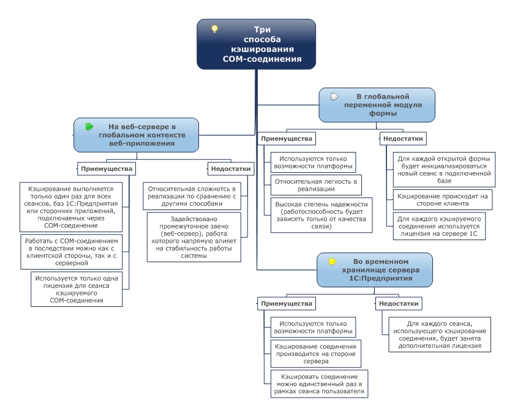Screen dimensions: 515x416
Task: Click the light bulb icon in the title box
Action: [214, 29]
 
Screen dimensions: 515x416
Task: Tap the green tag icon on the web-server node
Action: [89, 126]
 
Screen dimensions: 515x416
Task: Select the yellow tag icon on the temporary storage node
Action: [333, 262]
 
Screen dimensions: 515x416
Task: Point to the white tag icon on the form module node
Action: [334, 97]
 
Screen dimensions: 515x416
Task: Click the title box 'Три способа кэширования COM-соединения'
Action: [256, 44]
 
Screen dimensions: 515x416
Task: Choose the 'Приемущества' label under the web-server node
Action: [107, 169]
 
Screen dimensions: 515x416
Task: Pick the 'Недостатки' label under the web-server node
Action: [231, 169]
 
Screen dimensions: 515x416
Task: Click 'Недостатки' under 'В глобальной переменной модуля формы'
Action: [403, 138]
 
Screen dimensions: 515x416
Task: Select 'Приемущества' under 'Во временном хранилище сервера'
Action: [287, 304]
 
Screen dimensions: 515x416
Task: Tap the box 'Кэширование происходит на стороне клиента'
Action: [443, 200]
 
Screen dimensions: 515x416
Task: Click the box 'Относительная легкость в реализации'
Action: [316, 185]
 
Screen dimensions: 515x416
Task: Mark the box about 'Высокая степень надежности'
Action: [321, 215]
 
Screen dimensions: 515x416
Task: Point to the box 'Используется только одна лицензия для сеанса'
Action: [77, 289]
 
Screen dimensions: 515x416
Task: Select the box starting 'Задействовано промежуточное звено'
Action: [194, 237]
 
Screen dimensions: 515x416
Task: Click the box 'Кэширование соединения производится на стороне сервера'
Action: [316, 354]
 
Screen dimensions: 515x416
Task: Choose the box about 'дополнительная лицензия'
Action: [440, 335]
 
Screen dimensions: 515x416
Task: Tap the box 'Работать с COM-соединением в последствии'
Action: [71, 252]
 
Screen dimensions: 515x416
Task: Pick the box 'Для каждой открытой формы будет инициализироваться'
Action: [444, 170]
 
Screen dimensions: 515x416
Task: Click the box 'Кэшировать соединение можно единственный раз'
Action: [319, 384]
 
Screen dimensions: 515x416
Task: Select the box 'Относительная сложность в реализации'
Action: [192, 196]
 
